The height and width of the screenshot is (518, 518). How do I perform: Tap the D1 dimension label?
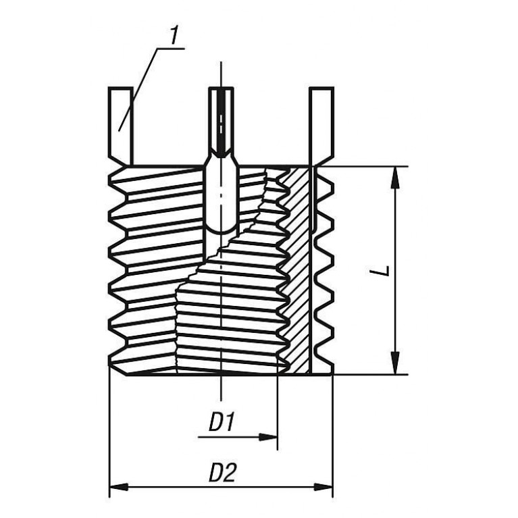222,421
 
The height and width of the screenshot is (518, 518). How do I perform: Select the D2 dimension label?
223,472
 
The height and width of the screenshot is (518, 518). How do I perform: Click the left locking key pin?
121,126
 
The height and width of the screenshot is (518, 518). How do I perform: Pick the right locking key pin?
322,126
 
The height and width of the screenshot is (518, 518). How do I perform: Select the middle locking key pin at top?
222,122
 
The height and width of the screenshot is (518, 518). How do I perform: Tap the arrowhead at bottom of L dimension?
395,363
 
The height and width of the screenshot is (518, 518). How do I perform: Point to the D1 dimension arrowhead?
267,437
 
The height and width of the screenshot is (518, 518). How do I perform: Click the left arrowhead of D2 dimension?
119,487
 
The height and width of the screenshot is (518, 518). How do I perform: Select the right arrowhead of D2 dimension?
323,487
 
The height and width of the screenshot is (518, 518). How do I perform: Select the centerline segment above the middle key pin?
221,74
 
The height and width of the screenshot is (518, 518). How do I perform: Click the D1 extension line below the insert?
277,412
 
